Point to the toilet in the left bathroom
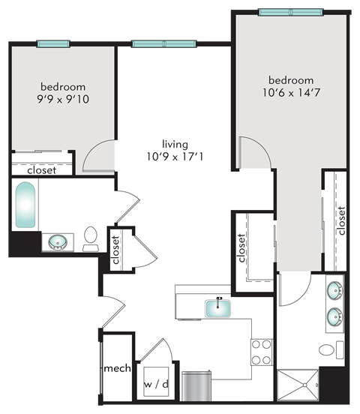pyautogui.click(x=91, y=237)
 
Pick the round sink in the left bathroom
pyautogui.click(x=57, y=242)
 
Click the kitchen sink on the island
pyautogui.click(x=220, y=306)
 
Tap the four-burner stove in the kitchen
pyautogui.click(x=261, y=352)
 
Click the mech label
pyautogui.click(x=117, y=369)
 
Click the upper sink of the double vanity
pyautogui.click(x=334, y=292)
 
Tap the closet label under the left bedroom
pyautogui.click(x=41, y=170)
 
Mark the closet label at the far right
pyautogui.click(x=342, y=220)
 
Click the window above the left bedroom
pyautogui.click(x=53, y=43)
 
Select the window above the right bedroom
pyautogui.click(x=292, y=13)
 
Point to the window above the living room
pyautogui.click(x=163, y=43)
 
